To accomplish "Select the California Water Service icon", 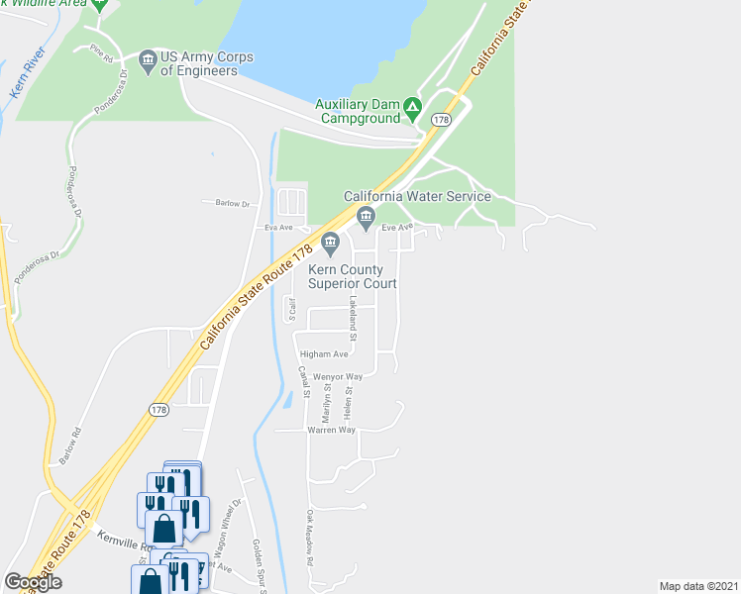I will point(366,217).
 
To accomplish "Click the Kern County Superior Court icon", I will point(331,242).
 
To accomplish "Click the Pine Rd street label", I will point(100,54).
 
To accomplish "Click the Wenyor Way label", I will point(338,377).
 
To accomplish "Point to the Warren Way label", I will point(331,430).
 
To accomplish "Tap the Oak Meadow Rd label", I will point(310,537).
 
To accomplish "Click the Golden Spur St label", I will point(259,565).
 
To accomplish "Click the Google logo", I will point(33,581).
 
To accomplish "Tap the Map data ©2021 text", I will point(698,586).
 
